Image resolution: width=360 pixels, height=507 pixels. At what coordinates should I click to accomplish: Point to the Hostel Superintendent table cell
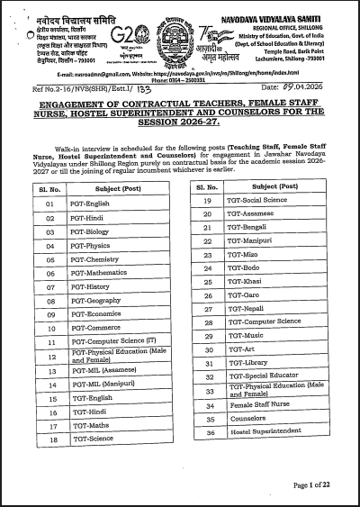point(261,433)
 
